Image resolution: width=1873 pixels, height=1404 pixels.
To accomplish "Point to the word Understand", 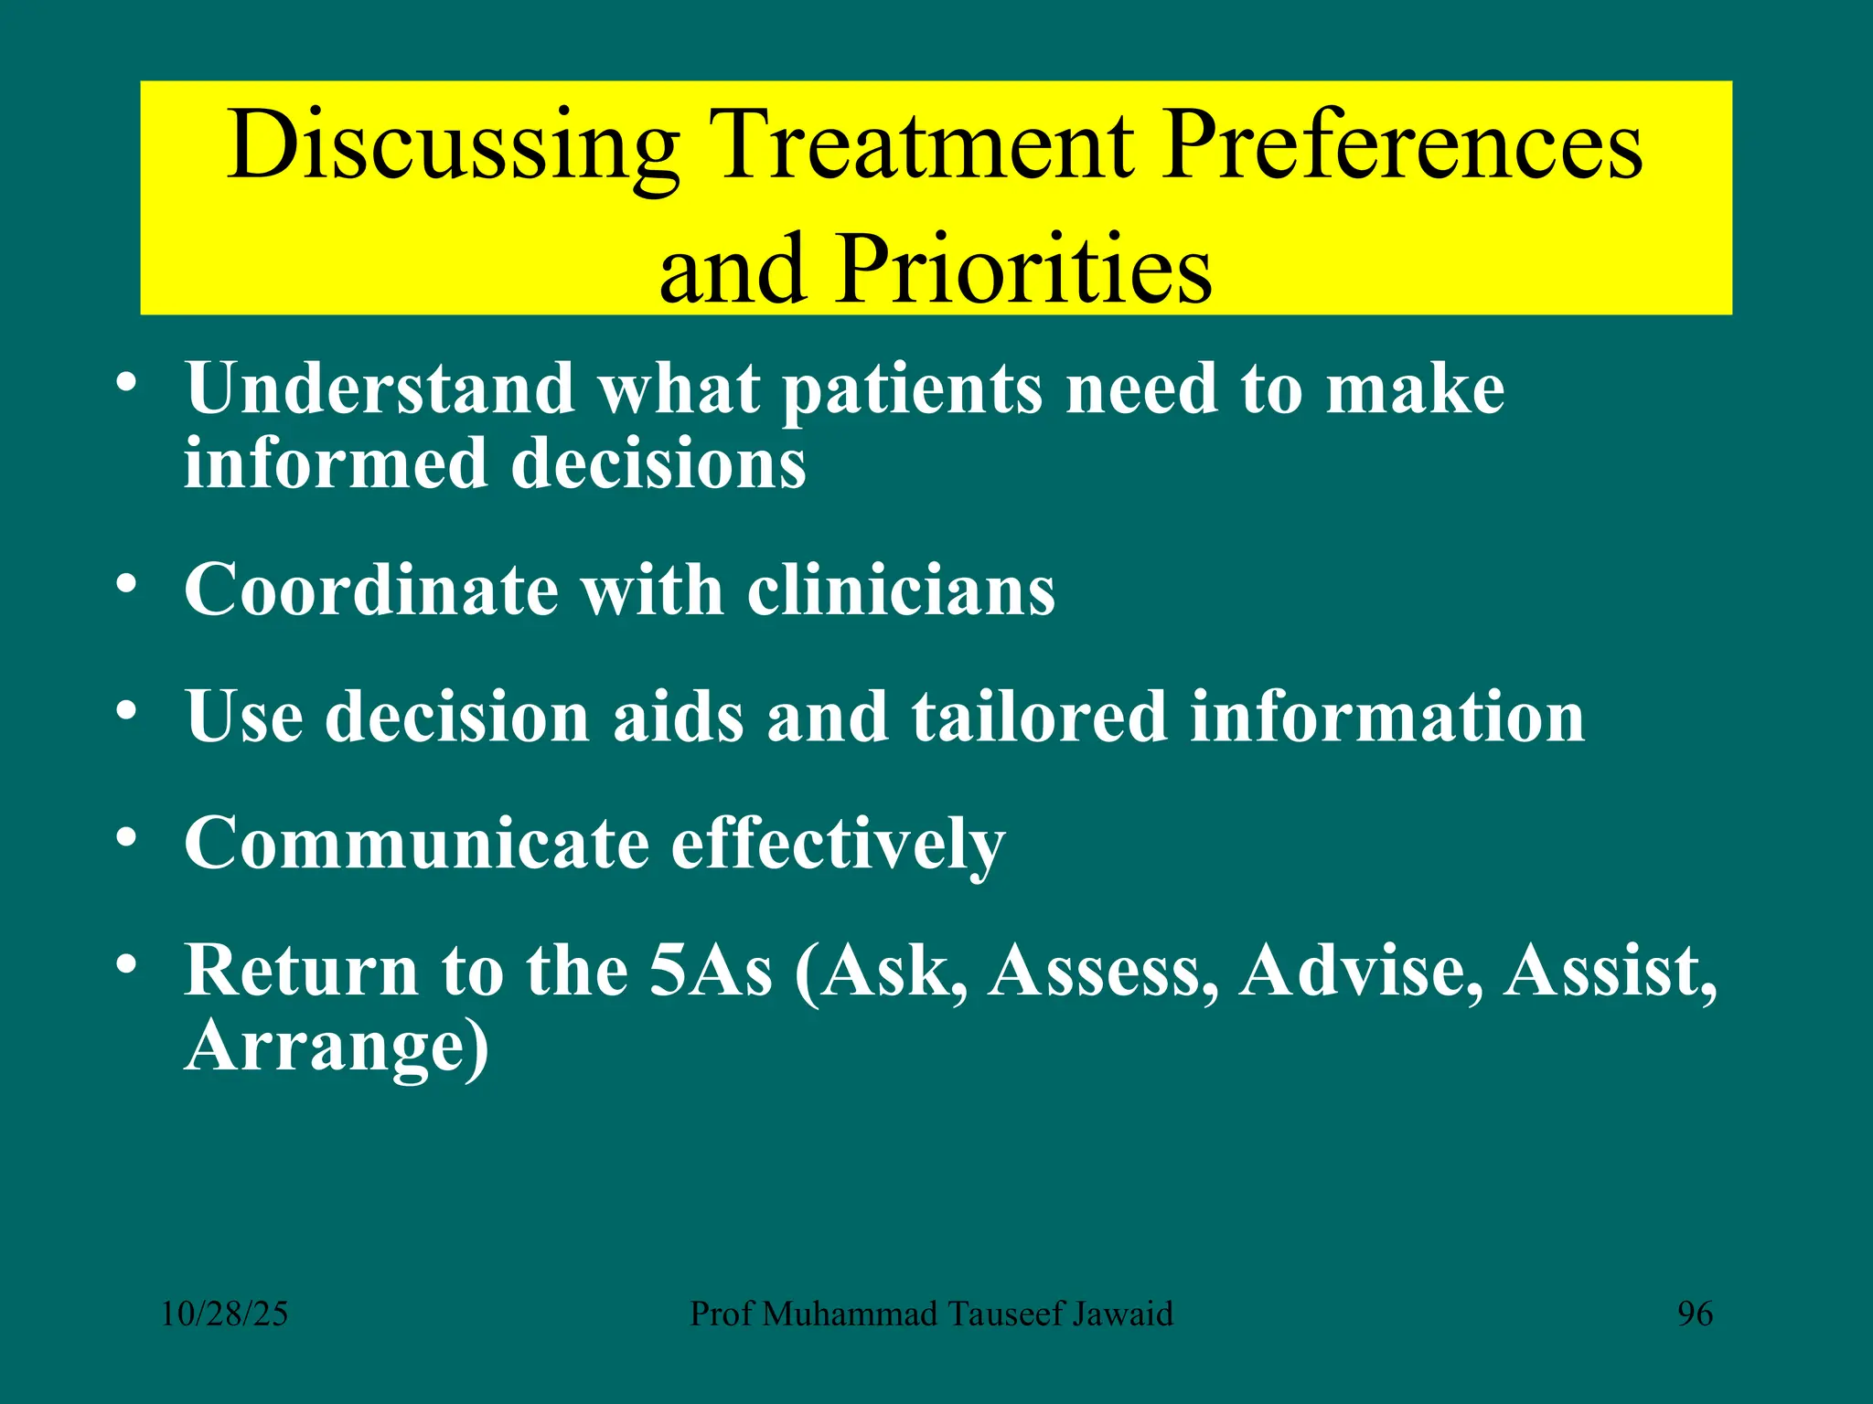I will click(380, 388).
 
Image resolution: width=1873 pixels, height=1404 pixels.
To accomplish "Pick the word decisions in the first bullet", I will click(658, 464).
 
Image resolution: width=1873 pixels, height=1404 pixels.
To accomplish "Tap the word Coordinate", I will click(370, 590).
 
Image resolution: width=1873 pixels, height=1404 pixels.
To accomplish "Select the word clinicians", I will click(901, 590).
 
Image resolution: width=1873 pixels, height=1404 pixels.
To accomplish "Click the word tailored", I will click(1038, 717).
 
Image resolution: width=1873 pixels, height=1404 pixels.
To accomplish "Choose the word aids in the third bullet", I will click(678, 717).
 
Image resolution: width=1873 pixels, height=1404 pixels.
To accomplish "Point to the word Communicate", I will click(416, 843).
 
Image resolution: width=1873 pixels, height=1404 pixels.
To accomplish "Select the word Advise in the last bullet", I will click(1361, 970).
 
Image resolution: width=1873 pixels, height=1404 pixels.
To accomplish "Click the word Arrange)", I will click(337, 1047).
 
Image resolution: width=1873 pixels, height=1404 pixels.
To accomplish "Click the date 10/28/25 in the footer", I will click(224, 1314).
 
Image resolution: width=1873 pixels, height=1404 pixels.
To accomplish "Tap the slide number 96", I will click(1695, 1314).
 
